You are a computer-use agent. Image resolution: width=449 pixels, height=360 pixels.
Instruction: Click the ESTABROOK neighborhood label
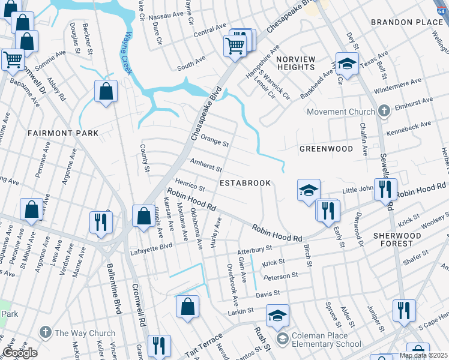(x=246, y=182)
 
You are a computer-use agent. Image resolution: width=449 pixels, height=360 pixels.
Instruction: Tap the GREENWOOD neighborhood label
(x=326, y=148)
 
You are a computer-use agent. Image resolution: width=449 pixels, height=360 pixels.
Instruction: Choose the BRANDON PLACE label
(x=406, y=22)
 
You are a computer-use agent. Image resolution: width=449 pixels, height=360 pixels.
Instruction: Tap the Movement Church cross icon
(x=384, y=111)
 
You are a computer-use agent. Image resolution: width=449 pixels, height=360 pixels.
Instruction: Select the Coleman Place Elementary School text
(x=327, y=340)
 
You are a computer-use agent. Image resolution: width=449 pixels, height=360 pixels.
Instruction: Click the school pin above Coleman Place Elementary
(x=277, y=316)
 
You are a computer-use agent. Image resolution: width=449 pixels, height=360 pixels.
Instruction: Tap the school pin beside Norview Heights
(x=346, y=63)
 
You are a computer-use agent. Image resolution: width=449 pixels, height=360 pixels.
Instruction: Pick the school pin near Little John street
(x=309, y=191)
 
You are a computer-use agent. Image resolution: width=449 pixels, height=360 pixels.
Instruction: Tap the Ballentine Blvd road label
(x=115, y=289)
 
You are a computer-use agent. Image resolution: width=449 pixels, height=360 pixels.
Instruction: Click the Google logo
(x=20, y=353)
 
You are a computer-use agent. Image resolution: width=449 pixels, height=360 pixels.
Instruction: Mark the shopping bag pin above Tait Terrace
(x=187, y=306)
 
